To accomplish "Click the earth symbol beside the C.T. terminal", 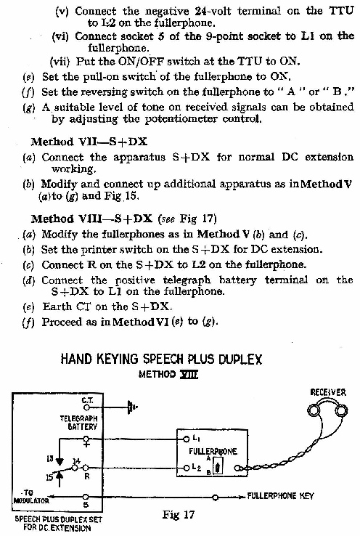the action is pos(131,407).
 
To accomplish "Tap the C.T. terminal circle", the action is pos(87,407).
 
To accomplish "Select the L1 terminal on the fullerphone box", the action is pos(187,439).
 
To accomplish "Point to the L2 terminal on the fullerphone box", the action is pos(187,467).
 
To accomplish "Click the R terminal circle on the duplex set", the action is pos(86,467).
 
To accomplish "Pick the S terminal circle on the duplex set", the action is pos(86,497).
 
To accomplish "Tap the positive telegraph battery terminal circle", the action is pos(86,438).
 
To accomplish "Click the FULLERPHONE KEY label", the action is pos(280,495).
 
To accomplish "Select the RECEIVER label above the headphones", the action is pos(328,392).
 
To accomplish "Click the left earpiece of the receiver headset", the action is pos(314,410).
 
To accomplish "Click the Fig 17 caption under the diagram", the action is pos(179,514).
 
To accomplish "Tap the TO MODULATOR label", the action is pos(30,497).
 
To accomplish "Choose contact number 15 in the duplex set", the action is pos(50,476).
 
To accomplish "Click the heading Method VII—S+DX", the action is pos(89,142).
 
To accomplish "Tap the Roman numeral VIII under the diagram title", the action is pos(189,374).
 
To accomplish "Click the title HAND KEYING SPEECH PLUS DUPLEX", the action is pos(161,360).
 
